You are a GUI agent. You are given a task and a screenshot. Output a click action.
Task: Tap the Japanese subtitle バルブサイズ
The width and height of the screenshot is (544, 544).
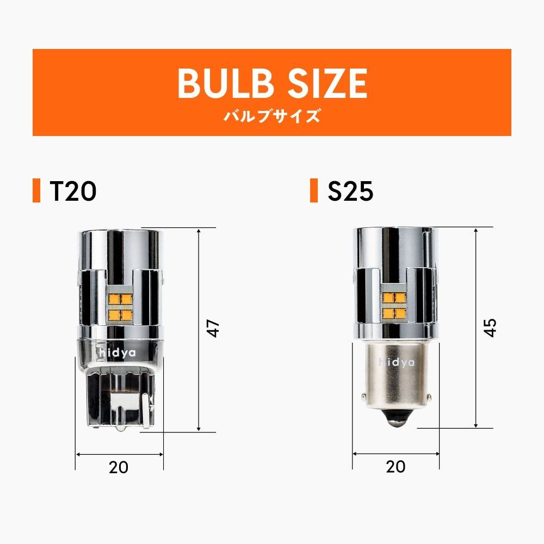pyautogui.click(x=271, y=116)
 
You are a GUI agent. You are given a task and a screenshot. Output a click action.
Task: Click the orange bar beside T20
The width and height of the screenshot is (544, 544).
pyautogui.click(x=36, y=190)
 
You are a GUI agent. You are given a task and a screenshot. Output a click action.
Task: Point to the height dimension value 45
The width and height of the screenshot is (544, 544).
pyautogui.click(x=491, y=327)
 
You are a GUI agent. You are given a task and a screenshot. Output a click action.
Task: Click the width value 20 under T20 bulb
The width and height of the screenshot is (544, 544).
pyautogui.click(x=119, y=467)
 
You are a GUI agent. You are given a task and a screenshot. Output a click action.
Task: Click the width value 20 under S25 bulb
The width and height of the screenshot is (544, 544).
pyautogui.click(x=395, y=466)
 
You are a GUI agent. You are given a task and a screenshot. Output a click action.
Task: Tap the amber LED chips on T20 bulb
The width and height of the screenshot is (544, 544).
pyautogui.click(x=119, y=307)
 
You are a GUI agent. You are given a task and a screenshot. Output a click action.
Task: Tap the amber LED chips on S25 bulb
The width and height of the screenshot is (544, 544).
pyautogui.click(x=395, y=305)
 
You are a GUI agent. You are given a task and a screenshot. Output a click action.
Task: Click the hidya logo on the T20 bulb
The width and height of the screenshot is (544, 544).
pyautogui.click(x=119, y=353)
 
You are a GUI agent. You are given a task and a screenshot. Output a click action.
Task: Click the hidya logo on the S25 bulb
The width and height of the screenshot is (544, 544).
pyautogui.click(x=397, y=363)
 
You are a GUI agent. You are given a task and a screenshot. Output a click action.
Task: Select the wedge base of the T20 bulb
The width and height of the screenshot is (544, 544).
pyautogui.click(x=119, y=397)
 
